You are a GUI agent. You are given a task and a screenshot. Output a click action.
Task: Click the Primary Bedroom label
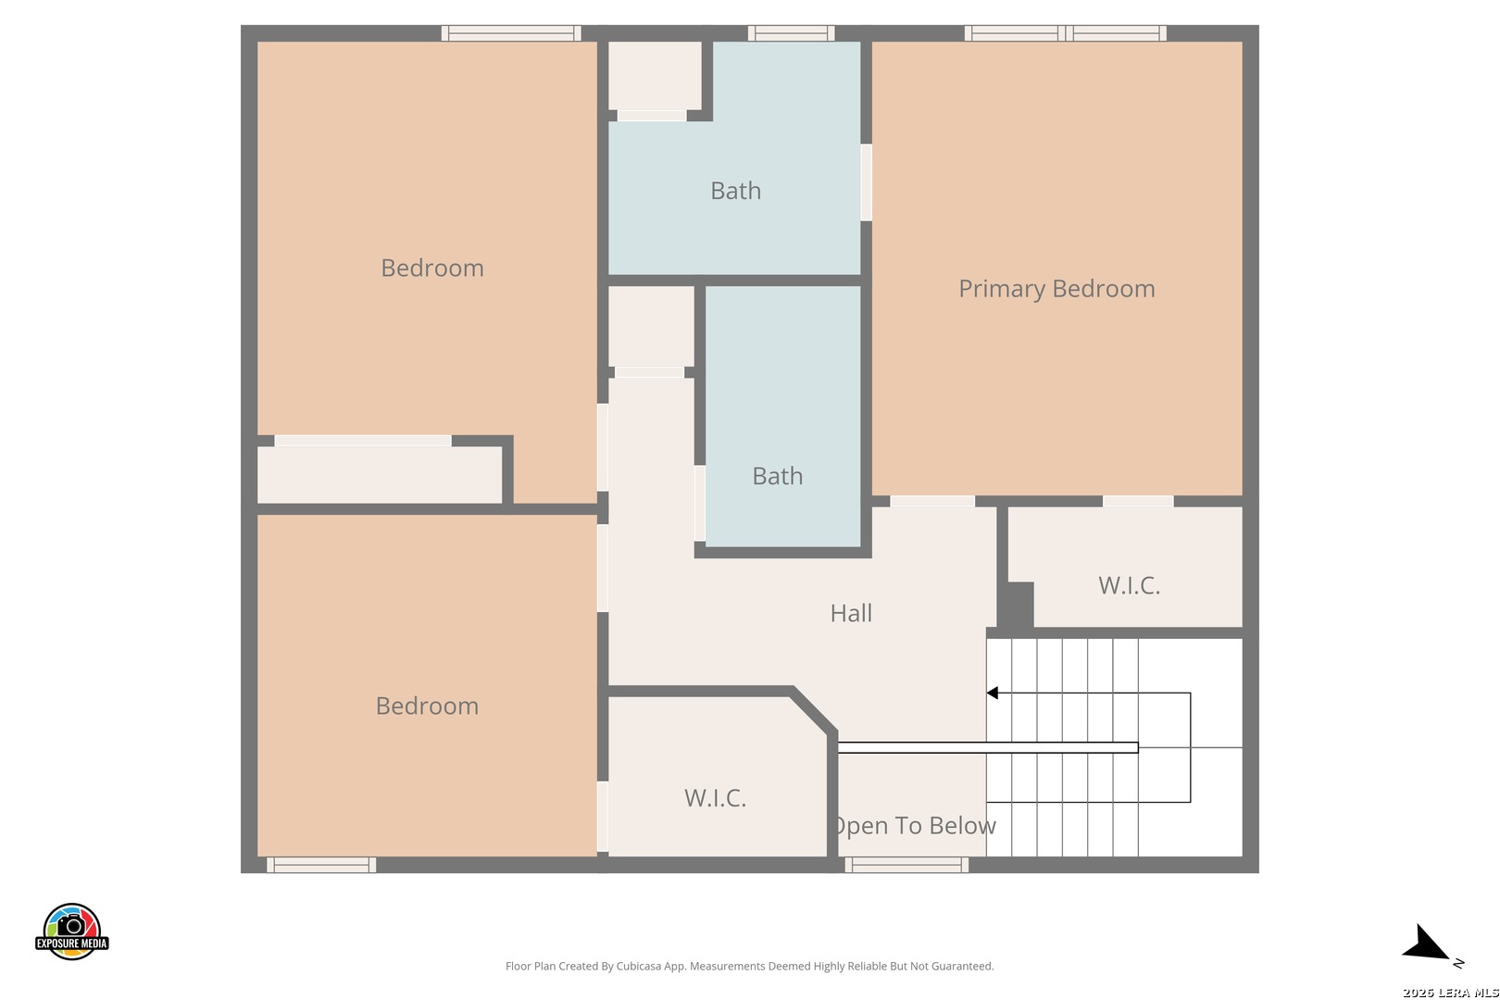click(x=1056, y=289)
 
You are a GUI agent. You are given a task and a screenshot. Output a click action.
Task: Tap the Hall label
click(x=851, y=614)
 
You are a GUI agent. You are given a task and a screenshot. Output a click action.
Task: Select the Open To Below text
click(x=914, y=826)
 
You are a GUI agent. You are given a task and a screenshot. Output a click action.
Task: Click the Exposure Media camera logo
click(x=71, y=931)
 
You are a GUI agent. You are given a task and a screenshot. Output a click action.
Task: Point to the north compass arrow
click(x=1425, y=944)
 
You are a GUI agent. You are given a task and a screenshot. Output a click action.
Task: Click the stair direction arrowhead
click(x=993, y=694)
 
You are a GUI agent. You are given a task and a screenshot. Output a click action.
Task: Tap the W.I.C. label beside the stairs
click(x=1129, y=586)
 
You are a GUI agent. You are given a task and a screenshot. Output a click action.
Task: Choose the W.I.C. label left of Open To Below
click(x=715, y=798)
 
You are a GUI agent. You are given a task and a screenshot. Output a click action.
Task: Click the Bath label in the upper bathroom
click(x=736, y=192)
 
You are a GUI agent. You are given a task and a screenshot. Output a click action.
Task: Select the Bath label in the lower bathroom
click(x=778, y=477)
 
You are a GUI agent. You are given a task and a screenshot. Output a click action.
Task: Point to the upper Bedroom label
click(x=432, y=269)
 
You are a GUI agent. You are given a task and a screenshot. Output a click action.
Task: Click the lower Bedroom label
click(x=427, y=706)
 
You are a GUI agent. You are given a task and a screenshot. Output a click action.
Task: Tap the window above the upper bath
click(x=792, y=32)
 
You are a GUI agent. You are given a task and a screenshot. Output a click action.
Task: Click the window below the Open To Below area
click(x=906, y=866)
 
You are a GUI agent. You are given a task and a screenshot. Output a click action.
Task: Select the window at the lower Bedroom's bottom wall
click(x=321, y=866)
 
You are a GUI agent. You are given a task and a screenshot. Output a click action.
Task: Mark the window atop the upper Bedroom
click(x=511, y=32)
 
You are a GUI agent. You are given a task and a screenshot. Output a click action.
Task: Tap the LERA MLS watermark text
click(x=1450, y=993)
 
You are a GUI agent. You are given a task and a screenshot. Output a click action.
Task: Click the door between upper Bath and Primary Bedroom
click(x=867, y=182)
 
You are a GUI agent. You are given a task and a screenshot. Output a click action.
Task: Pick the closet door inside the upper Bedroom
click(x=363, y=441)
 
